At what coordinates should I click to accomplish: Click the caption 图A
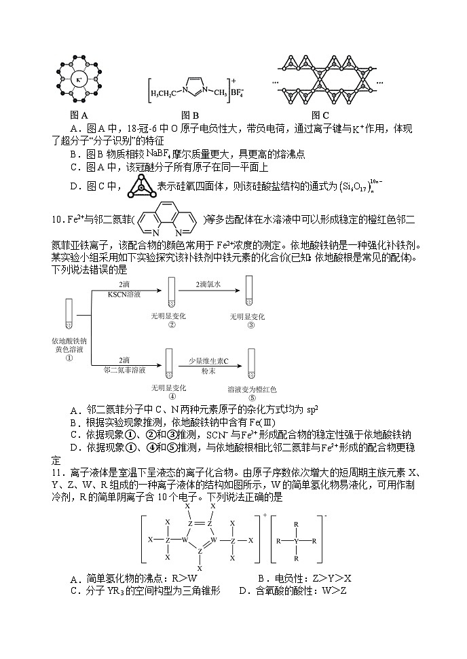(79, 115)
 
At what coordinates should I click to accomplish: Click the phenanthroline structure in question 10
(170, 219)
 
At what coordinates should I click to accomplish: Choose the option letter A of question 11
(74, 579)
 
